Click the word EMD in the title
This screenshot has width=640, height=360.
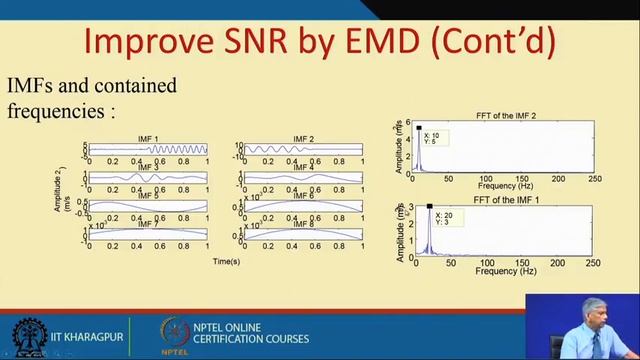pyautogui.click(x=419, y=41)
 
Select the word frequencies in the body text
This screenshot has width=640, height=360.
pyautogui.click(x=57, y=109)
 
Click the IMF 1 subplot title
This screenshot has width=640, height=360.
pyautogui.click(x=148, y=138)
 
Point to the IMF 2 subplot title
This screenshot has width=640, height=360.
pyautogui.click(x=303, y=138)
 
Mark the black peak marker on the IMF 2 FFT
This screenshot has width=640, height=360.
pyautogui.click(x=419, y=127)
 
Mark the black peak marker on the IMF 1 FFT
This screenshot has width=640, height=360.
pyautogui.click(x=429, y=207)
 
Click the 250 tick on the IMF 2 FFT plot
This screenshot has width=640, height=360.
pyautogui.click(x=593, y=180)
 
